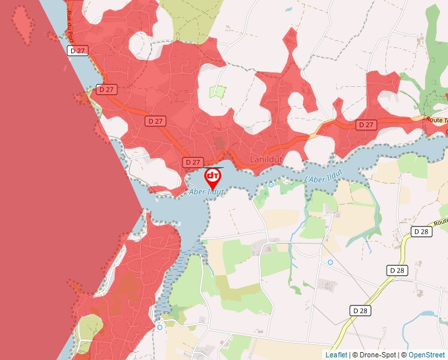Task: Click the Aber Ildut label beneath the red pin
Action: pyautogui.click(x=207, y=192)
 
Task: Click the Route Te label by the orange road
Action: pyautogui.click(x=437, y=120)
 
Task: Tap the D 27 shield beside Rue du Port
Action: pyautogui.click(x=78, y=50)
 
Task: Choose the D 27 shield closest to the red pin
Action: pyautogui.click(x=192, y=162)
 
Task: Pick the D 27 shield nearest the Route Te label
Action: pyautogui.click(x=366, y=124)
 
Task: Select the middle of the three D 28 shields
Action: pyautogui.click(x=397, y=270)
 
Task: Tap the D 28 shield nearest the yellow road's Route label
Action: pyautogui.click(x=422, y=232)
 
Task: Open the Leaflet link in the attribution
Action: pyautogui.click(x=336, y=355)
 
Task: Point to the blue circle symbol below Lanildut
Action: pyautogui.click(x=271, y=185)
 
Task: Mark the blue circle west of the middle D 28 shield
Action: pyautogui.click(x=330, y=262)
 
